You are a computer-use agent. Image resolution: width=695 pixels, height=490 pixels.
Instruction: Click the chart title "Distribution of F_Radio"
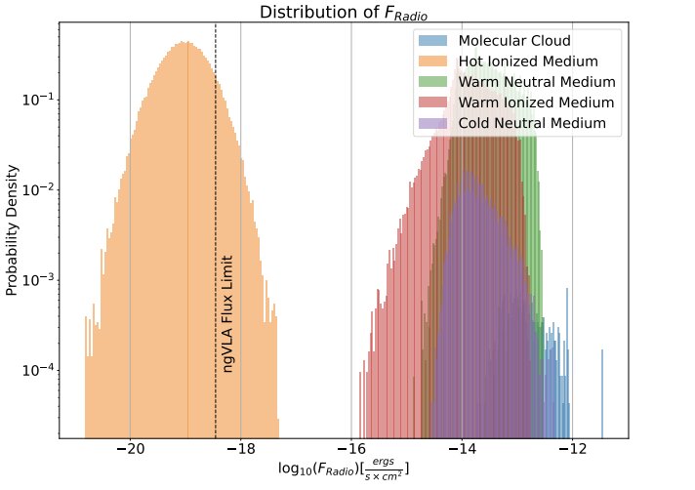click(x=344, y=13)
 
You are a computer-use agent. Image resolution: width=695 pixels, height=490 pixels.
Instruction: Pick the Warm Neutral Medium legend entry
click(x=537, y=83)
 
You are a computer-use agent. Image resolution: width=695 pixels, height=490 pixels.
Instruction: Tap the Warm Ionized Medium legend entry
click(x=536, y=103)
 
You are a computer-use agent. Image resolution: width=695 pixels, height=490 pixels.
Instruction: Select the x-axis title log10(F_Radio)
click(x=344, y=470)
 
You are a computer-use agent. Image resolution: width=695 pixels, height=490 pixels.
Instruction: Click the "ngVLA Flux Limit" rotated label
click(x=227, y=314)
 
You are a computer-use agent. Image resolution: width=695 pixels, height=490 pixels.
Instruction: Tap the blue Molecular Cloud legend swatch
click(x=432, y=42)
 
